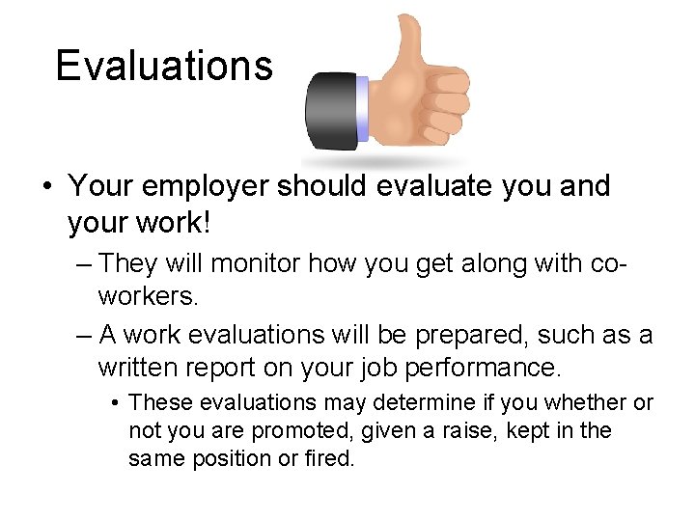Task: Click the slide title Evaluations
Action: pos(164,66)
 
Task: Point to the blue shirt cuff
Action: pos(363,109)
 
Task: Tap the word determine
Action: pos(421,402)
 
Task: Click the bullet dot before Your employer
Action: pos(47,186)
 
